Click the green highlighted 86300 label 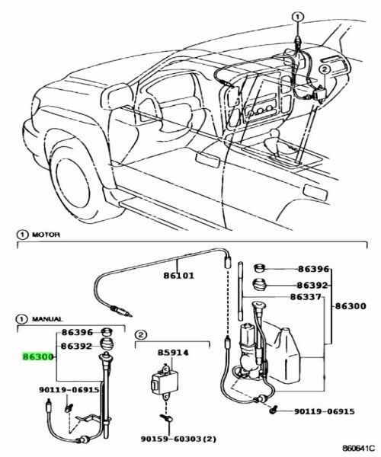[x=37, y=356]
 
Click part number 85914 [x=174, y=354]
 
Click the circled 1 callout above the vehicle [x=298, y=15]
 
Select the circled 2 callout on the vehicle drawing [x=325, y=69]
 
